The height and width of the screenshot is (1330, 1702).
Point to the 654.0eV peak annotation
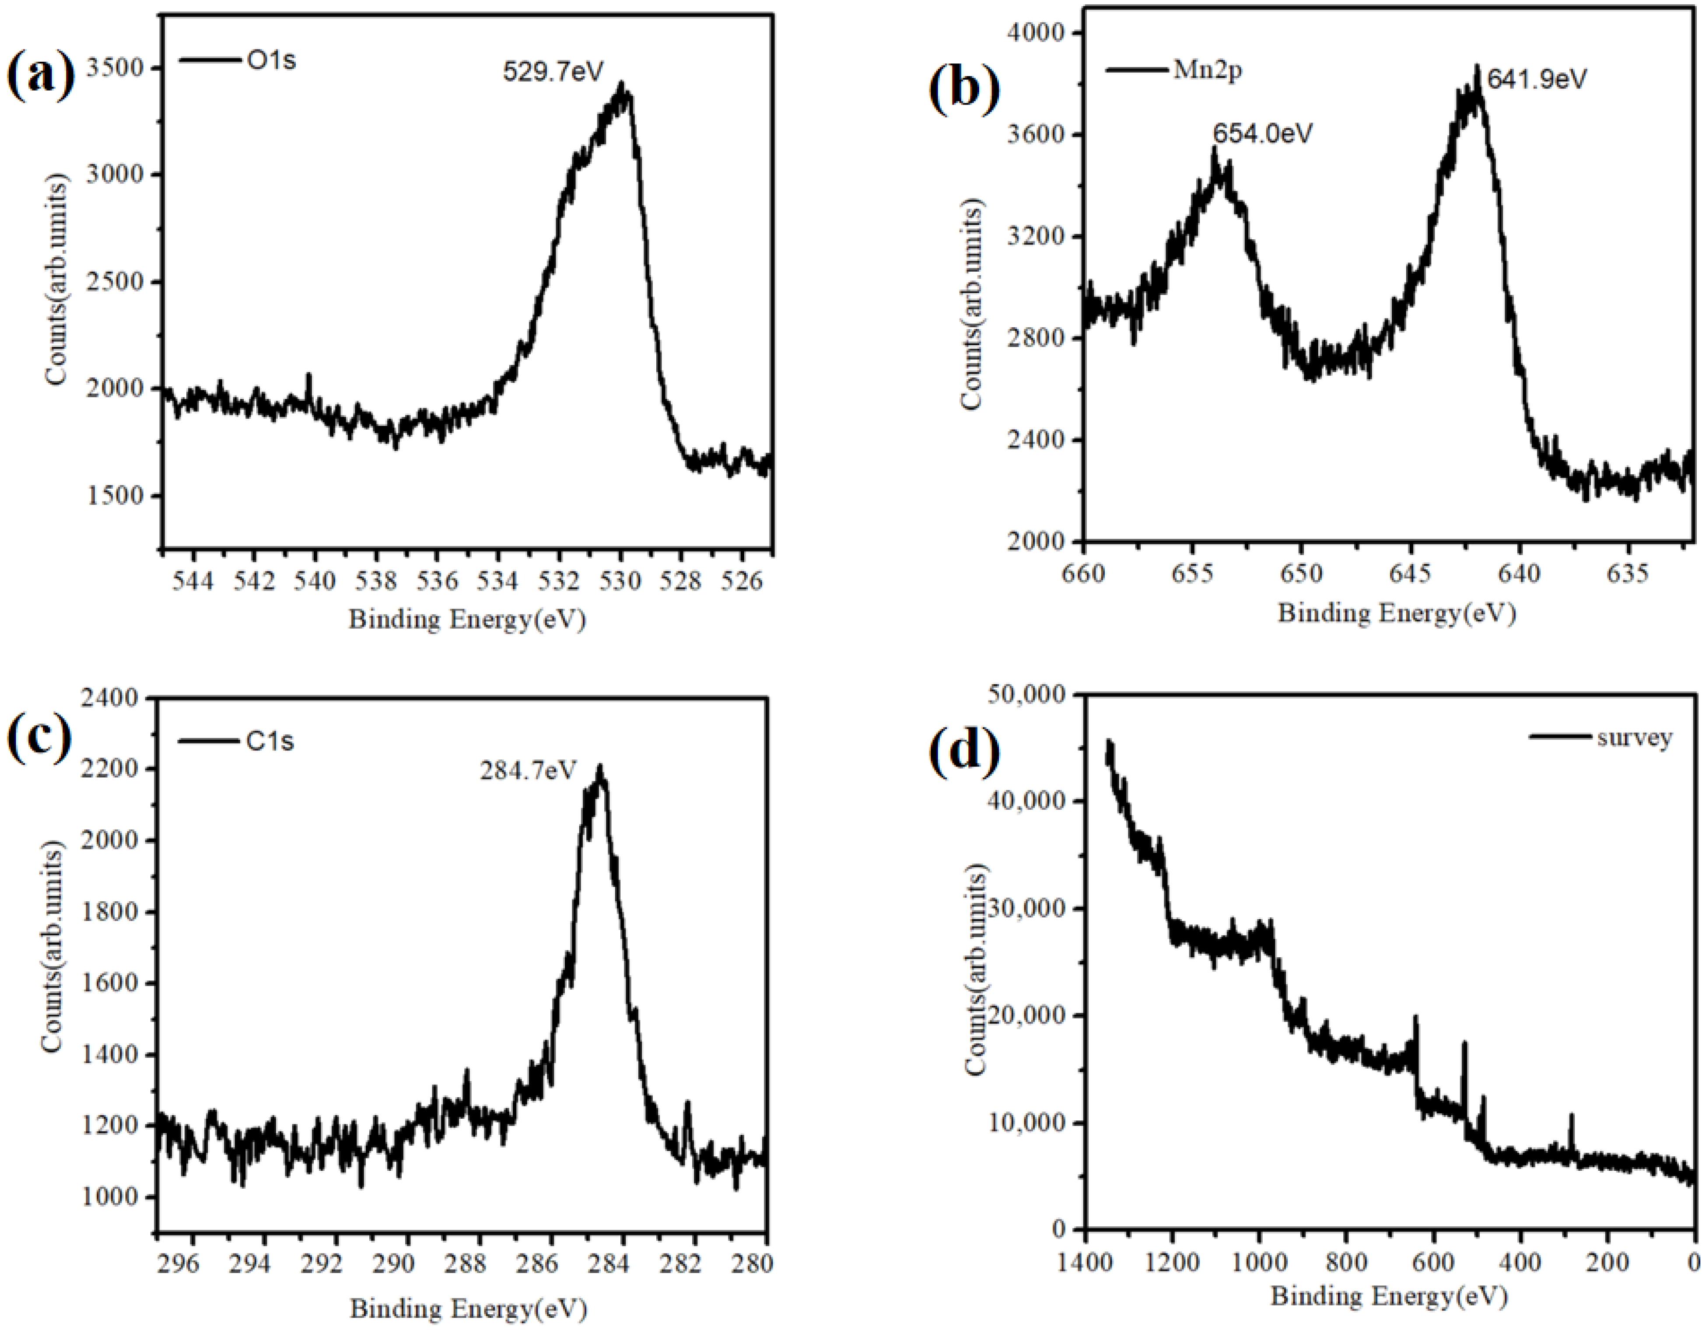tap(1262, 133)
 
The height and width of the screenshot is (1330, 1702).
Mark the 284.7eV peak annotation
tap(528, 770)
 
